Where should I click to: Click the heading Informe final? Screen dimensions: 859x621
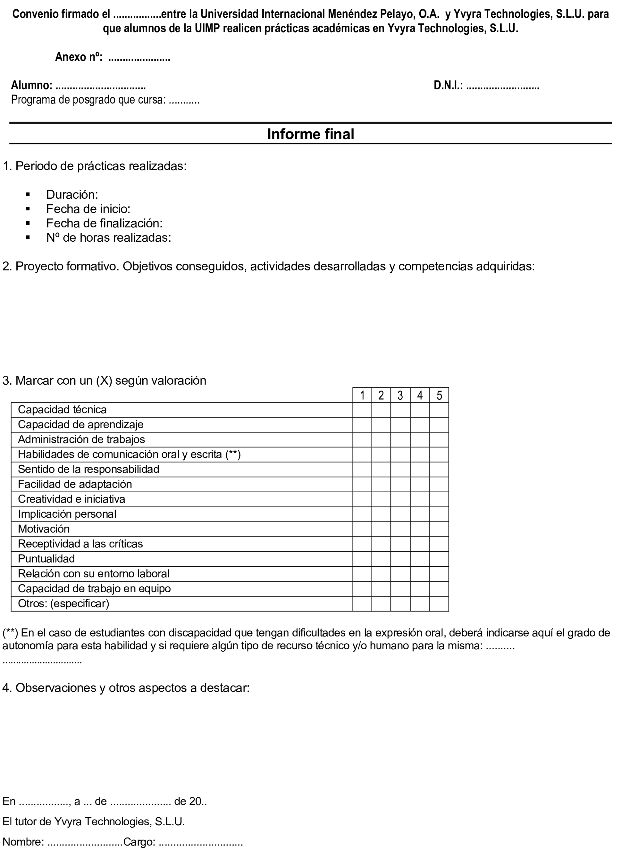click(x=311, y=134)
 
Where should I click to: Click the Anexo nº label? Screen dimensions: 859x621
click(x=79, y=57)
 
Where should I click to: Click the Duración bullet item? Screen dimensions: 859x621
click(x=72, y=195)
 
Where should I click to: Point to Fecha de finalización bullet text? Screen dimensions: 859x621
click(x=104, y=223)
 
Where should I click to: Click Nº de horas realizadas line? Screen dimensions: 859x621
click(x=109, y=238)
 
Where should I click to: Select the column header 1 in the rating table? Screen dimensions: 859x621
click(x=362, y=395)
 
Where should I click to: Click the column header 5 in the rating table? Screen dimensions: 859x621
click(x=439, y=395)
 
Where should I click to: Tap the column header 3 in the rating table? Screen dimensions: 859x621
click(x=400, y=395)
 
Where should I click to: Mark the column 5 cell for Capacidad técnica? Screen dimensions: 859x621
click(x=439, y=410)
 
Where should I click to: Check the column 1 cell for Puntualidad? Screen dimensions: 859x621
click(x=362, y=559)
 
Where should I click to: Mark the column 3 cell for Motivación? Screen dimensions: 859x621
click(x=400, y=529)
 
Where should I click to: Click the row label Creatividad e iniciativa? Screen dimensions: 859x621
click(x=71, y=499)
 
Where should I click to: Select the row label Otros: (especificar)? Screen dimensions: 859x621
click(x=64, y=604)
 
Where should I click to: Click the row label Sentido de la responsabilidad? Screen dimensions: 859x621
click(x=88, y=469)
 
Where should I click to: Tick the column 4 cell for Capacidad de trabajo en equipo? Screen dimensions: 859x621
click(x=420, y=589)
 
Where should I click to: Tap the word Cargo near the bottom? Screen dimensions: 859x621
click(x=139, y=842)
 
